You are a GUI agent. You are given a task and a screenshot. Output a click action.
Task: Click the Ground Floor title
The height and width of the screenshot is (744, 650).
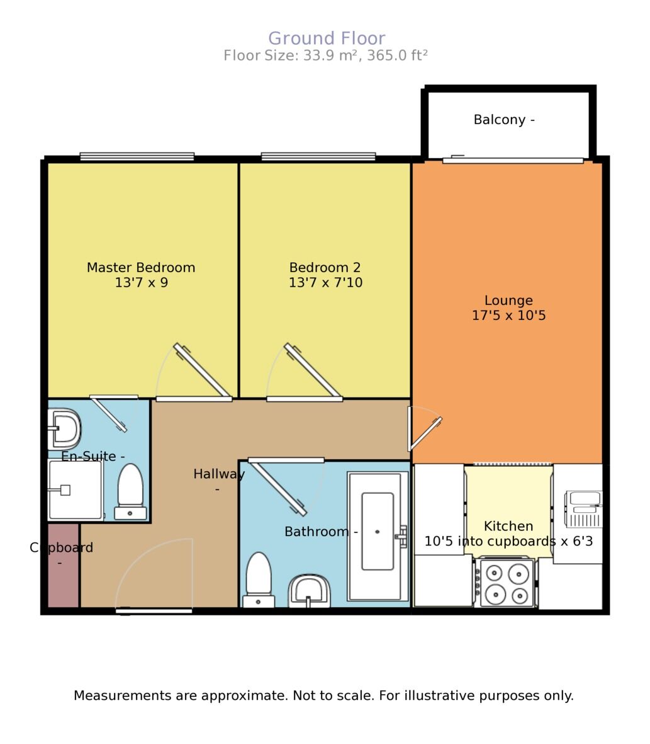tap(327, 38)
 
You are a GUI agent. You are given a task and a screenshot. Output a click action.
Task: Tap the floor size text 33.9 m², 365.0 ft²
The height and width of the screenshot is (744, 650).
tap(325, 55)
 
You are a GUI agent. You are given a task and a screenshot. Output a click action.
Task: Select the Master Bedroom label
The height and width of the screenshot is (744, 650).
tap(141, 268)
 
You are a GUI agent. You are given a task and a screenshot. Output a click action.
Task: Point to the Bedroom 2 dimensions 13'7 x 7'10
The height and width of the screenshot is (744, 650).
tap(325, 283)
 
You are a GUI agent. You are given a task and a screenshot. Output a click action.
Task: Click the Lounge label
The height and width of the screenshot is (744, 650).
tap(508, 300)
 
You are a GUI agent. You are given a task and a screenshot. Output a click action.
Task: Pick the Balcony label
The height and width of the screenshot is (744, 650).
tap(503, 120)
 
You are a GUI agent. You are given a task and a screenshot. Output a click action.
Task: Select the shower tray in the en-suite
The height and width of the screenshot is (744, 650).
tap(75, 490)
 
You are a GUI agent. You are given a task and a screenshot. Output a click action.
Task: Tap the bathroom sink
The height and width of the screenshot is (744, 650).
tap(310, 591)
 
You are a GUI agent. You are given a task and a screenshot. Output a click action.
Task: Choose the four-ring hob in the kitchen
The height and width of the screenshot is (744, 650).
tap(506, 583)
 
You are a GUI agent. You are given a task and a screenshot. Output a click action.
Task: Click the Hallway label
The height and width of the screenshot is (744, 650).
tap(218, 474)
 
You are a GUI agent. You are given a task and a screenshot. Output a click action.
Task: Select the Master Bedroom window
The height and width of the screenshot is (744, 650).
tap(137, 157)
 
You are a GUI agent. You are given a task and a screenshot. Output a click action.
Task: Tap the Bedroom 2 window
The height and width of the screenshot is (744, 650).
tap(318, 157)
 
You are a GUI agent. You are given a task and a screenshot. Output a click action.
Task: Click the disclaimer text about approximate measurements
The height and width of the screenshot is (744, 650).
tap(323, 696)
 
